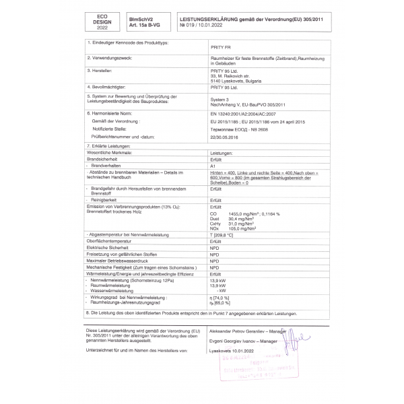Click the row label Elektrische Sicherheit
click(109, 248)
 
